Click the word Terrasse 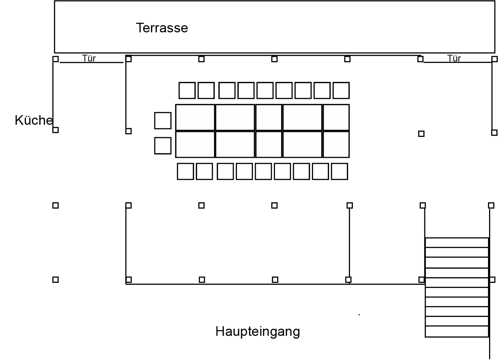pyautogui.click(x=162, y=28)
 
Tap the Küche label pyautogui.click(x=34, y=120)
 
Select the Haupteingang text pyautogui.click(x=258, y=332)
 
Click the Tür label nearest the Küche pyautogui.click(x=89, y=58)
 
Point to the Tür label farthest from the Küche pyautogui.click(x=454, y=58)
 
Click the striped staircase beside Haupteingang pyautogui.click(x=457, y=288)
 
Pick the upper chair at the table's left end pyautogui.click(x=163, y=120)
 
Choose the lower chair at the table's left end pyautogui.click(x=163, y=146)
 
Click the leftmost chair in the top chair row pyautogui.click(x=187, y=90)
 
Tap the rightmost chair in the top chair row pyautogui.click(x=341, y=90)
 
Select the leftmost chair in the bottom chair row pyautogui.click(x=185, y=171)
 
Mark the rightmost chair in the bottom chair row pyautogui.click(x=339, y=171)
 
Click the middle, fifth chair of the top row pyautogui.click(x=265, y=90)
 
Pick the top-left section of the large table pyautogui.click(x=195, y=117)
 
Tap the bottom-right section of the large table pyautogui.click(x=336, y=145)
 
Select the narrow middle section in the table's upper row pyautogui.click(x=269, y=117)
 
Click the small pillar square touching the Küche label pyautogui.click(x=55, y=130)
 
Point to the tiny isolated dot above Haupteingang pyautogui.click(x=359, y=315)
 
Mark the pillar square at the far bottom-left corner pyautogui.click(x=55, y=280)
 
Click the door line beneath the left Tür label pyautogui.click(x=92, y=63)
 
